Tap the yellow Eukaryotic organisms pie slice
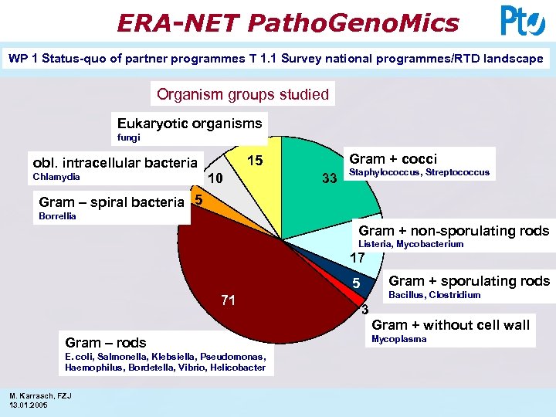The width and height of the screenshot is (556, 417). pos(259,174)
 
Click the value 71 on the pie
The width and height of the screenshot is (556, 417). pos(228,300)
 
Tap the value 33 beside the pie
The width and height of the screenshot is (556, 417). pos(329,179)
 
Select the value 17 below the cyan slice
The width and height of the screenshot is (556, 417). pos(357,258)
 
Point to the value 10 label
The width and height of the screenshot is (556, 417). pos(217,178)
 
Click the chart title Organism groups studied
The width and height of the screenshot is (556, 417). pos(242,95)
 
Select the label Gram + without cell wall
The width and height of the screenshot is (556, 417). pos(450,325)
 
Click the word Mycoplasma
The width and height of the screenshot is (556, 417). pos(398,340)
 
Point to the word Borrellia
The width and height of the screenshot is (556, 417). pos(57,217)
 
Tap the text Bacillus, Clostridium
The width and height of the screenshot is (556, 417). pos(434,296)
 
